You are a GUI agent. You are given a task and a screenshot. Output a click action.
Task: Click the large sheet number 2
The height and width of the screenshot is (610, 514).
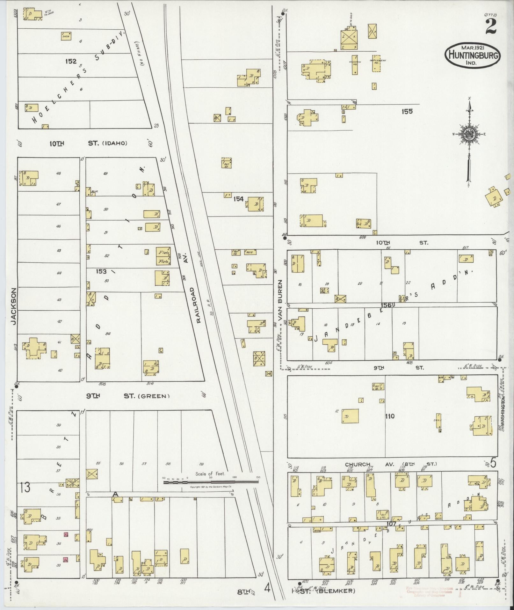[x=491, y=26]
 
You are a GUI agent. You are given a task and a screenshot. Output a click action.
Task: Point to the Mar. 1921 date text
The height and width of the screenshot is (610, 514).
[x=473, y=47]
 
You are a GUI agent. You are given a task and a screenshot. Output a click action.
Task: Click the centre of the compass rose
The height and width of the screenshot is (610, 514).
[x=469, y=134]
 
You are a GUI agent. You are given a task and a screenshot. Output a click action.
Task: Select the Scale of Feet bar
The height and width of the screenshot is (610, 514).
[x=211, y=482]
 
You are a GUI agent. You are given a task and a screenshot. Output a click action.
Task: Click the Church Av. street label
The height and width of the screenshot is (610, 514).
[x=357, y=464]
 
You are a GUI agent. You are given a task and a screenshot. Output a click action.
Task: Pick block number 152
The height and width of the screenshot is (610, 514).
[x=71, y=61]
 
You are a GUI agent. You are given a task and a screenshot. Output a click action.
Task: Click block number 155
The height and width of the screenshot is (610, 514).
[x=407, y=111]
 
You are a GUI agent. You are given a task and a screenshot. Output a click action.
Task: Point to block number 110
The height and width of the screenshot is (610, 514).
[x=389, y=416]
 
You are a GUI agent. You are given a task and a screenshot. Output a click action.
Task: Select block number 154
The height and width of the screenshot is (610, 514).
[x=238, y=199]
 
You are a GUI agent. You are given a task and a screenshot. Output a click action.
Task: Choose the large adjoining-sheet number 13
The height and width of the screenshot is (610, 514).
[x=25, y=487]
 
